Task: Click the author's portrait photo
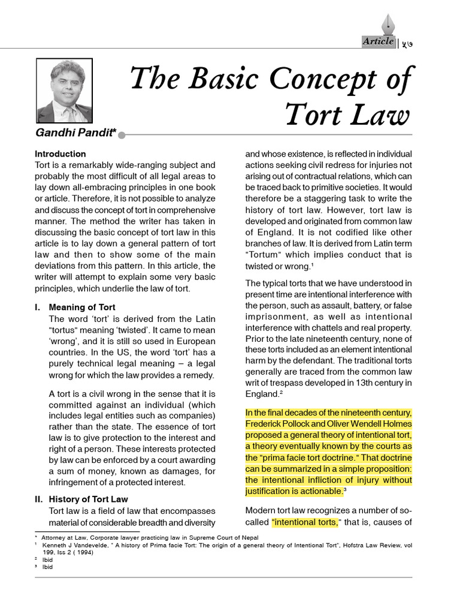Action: pyautogui.click(x=65, y=91)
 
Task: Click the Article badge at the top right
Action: pyautogui.click(x=378, y=41)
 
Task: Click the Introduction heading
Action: pyautogui.click(x=60, y=153)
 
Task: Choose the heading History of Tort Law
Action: pyautogui.click(x=88, y=499)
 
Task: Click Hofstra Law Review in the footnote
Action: pyautogui.click(x=377, y=546)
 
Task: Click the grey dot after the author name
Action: pyautogui.click(x=122, y=135)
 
